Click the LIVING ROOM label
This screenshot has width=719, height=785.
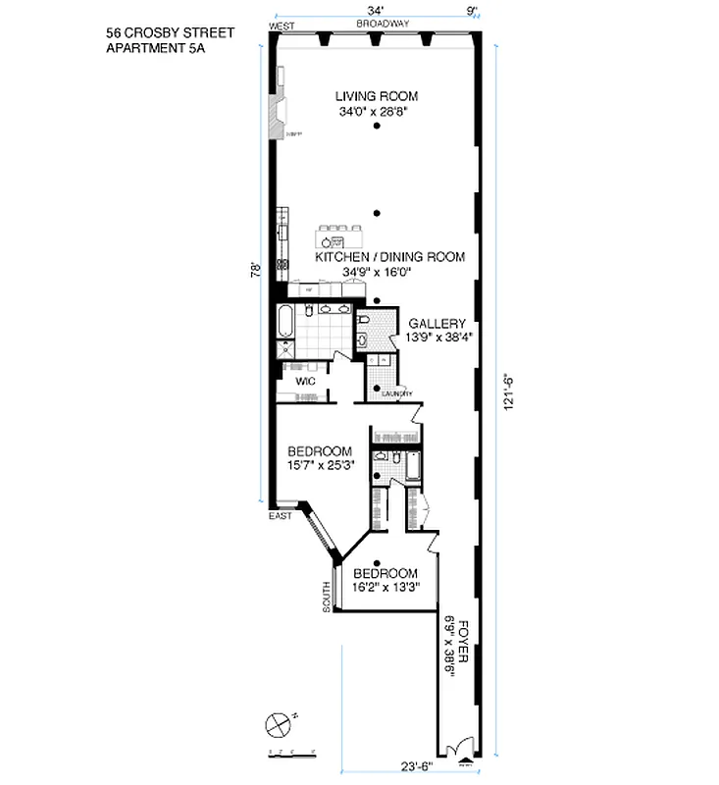point(377,96)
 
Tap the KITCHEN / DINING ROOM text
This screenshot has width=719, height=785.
point(389,257)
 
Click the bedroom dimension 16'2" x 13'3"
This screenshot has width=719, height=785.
point(385,587)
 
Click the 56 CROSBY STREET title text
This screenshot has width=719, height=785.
point(161,32)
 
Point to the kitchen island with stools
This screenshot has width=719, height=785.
point(339,238)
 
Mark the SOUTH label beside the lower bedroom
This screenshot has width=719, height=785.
point(327,597)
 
